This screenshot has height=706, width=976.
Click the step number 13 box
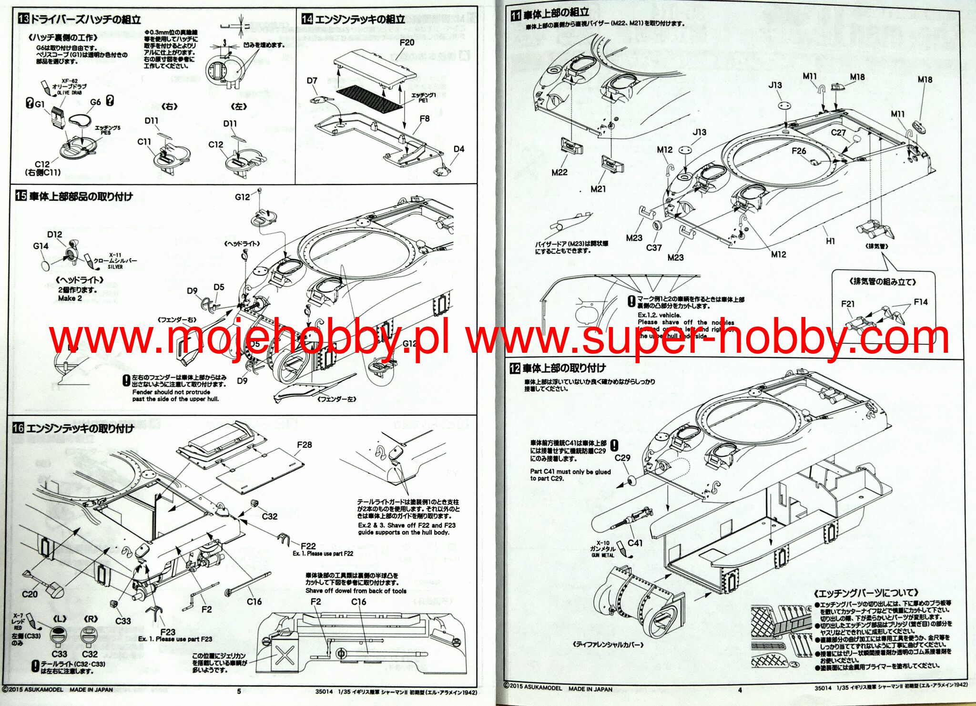(x=23, y=19)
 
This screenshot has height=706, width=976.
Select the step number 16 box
(x=18, y=428)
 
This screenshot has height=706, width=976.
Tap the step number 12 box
(x=515, y=368)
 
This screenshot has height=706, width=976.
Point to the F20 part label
(x=407, y=42)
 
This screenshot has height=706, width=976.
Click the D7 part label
(x=312, y=81)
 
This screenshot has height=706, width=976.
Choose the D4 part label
(x=458, y=149)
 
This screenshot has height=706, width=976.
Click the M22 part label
(x=559, y=172)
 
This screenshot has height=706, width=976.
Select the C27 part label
(x=838, y=133)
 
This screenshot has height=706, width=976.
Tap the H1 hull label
(x=830, y=241)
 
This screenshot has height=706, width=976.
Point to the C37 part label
(x=654, y=247)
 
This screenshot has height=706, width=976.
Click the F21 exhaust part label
(x=848, y=304)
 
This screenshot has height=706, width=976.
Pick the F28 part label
(x=304, y=444)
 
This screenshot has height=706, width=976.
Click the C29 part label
(x=622, y=458)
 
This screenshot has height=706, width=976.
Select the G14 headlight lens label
(x=41, y=246)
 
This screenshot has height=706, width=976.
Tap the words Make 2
(x=70, y=298)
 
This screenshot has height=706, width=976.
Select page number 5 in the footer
(x=239, y=691)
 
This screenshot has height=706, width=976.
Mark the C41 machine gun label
(x=635, y=542)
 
